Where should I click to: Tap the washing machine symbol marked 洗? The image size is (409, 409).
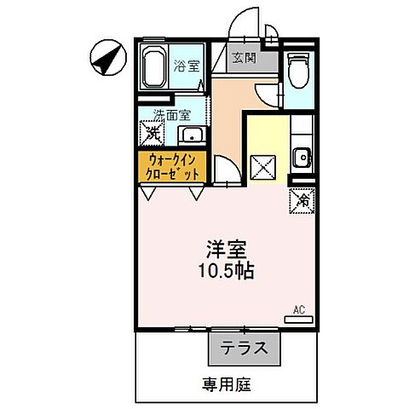tap(151, 133)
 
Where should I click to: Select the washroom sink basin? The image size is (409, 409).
tap(192, 134)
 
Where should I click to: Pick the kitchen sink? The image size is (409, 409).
tap(301, 157)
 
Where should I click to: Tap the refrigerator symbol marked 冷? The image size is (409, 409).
tap(302, 201)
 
